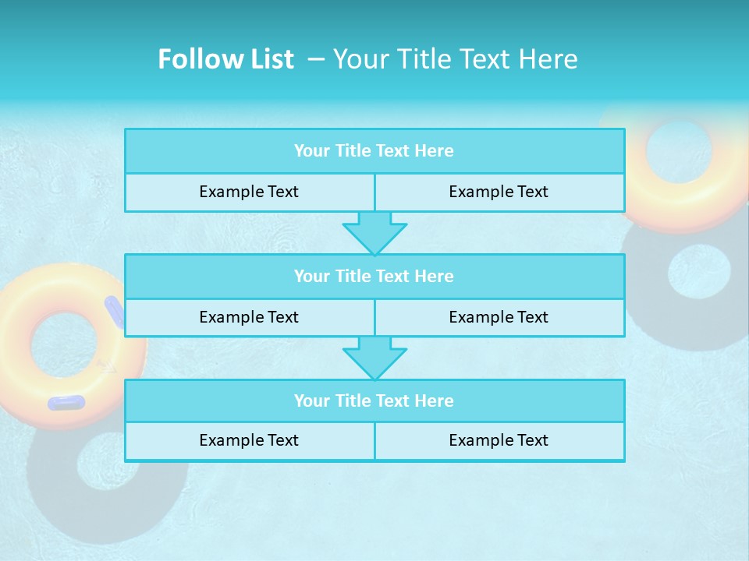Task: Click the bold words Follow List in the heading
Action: (225, 59)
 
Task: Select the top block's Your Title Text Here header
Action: (374, 151)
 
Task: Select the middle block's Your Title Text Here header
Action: (374, 276)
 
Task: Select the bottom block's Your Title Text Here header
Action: (374, 400)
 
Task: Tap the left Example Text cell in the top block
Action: (249, 192)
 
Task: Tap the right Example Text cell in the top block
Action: (499, 192)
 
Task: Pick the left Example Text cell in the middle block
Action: (249, 317)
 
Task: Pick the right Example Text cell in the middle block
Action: (499, 317)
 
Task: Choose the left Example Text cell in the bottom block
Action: (249, 440)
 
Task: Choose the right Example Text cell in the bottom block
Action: (499, 440)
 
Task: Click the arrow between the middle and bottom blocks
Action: (374, 358)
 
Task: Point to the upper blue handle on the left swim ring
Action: (115, 311)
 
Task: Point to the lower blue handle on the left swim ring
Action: (66, 403)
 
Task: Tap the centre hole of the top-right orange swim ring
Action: (679, 150)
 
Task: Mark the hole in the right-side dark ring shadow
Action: (699, 271)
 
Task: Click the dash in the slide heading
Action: (316, 59)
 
